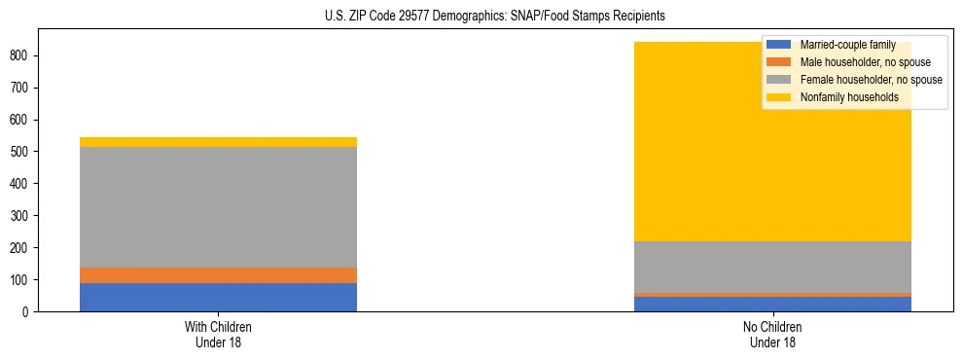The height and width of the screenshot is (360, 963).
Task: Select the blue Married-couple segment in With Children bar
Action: (x=218, y=297)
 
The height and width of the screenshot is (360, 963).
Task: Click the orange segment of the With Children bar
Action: (x=218, y=275)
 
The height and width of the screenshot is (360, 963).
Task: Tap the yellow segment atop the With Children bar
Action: (x=218, y=142)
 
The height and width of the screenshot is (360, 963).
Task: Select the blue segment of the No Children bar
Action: (x=772, y=304)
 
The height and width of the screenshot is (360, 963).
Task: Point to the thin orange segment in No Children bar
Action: (x=772, y=294)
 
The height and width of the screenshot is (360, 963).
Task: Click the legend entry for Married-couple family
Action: (x=847, y=45)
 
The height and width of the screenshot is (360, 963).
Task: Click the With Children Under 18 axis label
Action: (x=218, y=334)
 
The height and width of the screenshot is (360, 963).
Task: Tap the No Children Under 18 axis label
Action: (x=772, y=334)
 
